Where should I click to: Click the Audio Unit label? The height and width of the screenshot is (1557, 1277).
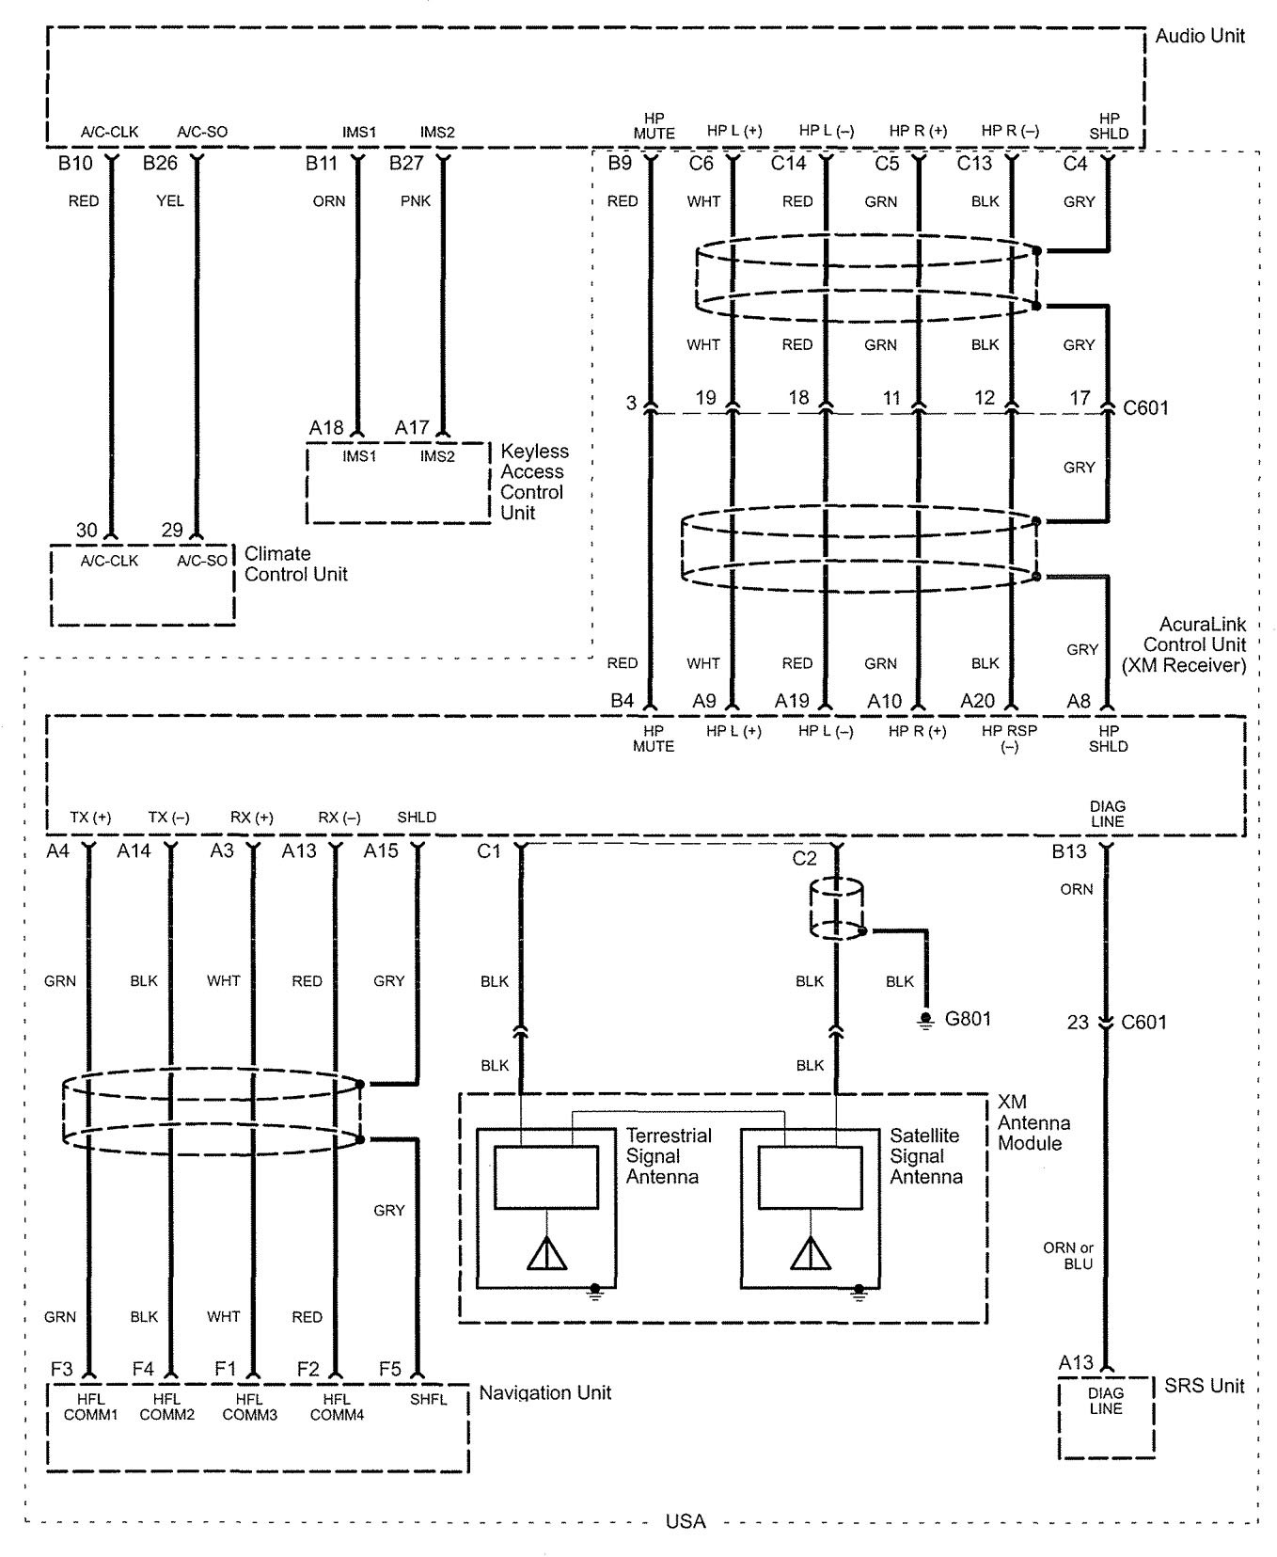tap(1199, 36)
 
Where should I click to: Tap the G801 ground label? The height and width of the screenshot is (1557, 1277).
tap(968, 1018)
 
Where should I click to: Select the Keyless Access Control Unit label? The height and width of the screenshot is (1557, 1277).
tap(534, 482)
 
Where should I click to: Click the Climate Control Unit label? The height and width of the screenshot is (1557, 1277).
tap(295, 564)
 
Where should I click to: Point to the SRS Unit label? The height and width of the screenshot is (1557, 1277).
tap(1204, 1386)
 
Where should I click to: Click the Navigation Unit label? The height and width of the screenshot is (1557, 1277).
tap(544, 1392)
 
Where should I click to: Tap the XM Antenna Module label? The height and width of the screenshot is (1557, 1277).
tap(1033, 1122)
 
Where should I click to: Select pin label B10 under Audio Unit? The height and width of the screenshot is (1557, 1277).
tap(75, 164)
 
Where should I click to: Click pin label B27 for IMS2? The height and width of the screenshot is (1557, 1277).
tap(408, 164)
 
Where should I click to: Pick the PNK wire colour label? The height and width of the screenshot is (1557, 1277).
tap(416, 201)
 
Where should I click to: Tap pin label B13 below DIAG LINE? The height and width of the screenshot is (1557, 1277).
tap(1069, 851)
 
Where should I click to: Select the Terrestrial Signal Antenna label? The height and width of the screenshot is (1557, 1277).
tap(669, 1155)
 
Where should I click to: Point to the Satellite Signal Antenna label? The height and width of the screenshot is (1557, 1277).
tap(926, 1155)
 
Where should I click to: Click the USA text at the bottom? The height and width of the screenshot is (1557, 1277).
tap(686, 1521)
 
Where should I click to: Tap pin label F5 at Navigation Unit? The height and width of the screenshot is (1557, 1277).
tap(390, 1369)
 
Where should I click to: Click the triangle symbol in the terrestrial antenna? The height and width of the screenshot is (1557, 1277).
tap(546, 1253)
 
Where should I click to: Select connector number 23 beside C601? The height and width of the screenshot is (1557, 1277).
tap(1078, 1022)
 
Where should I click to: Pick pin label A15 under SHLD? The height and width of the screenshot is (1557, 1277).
tap(382, 851)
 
